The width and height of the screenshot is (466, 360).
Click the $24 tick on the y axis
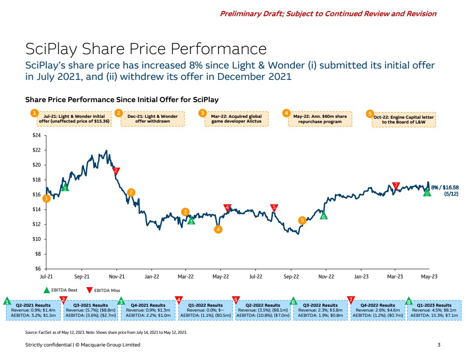[x=37, y=136]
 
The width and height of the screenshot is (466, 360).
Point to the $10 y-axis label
[x=37, y=239]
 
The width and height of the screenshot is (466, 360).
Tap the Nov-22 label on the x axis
[x=326, y=276]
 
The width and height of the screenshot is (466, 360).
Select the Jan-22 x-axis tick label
[x=151, y=276]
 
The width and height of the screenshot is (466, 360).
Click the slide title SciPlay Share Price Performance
[x=146, y=48]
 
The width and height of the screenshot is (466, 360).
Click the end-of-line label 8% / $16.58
[x=444, y=190]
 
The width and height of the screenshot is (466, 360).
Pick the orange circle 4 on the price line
[x=218, y=229]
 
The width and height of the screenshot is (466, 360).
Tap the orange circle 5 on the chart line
[x=302, y=221]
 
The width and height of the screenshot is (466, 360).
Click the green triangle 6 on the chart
[x=323, y=216]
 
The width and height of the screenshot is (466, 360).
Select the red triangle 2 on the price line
[x=116, y=171]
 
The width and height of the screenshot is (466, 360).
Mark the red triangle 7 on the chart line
[x=396, y=185]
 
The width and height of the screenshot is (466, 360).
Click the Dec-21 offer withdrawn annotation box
[x=153, y=119]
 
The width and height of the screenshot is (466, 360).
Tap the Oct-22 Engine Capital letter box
[x=404, y=119]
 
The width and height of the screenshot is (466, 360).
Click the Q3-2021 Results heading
[x=91, y=305]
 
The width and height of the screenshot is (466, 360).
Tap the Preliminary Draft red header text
[x=328, y=14]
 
